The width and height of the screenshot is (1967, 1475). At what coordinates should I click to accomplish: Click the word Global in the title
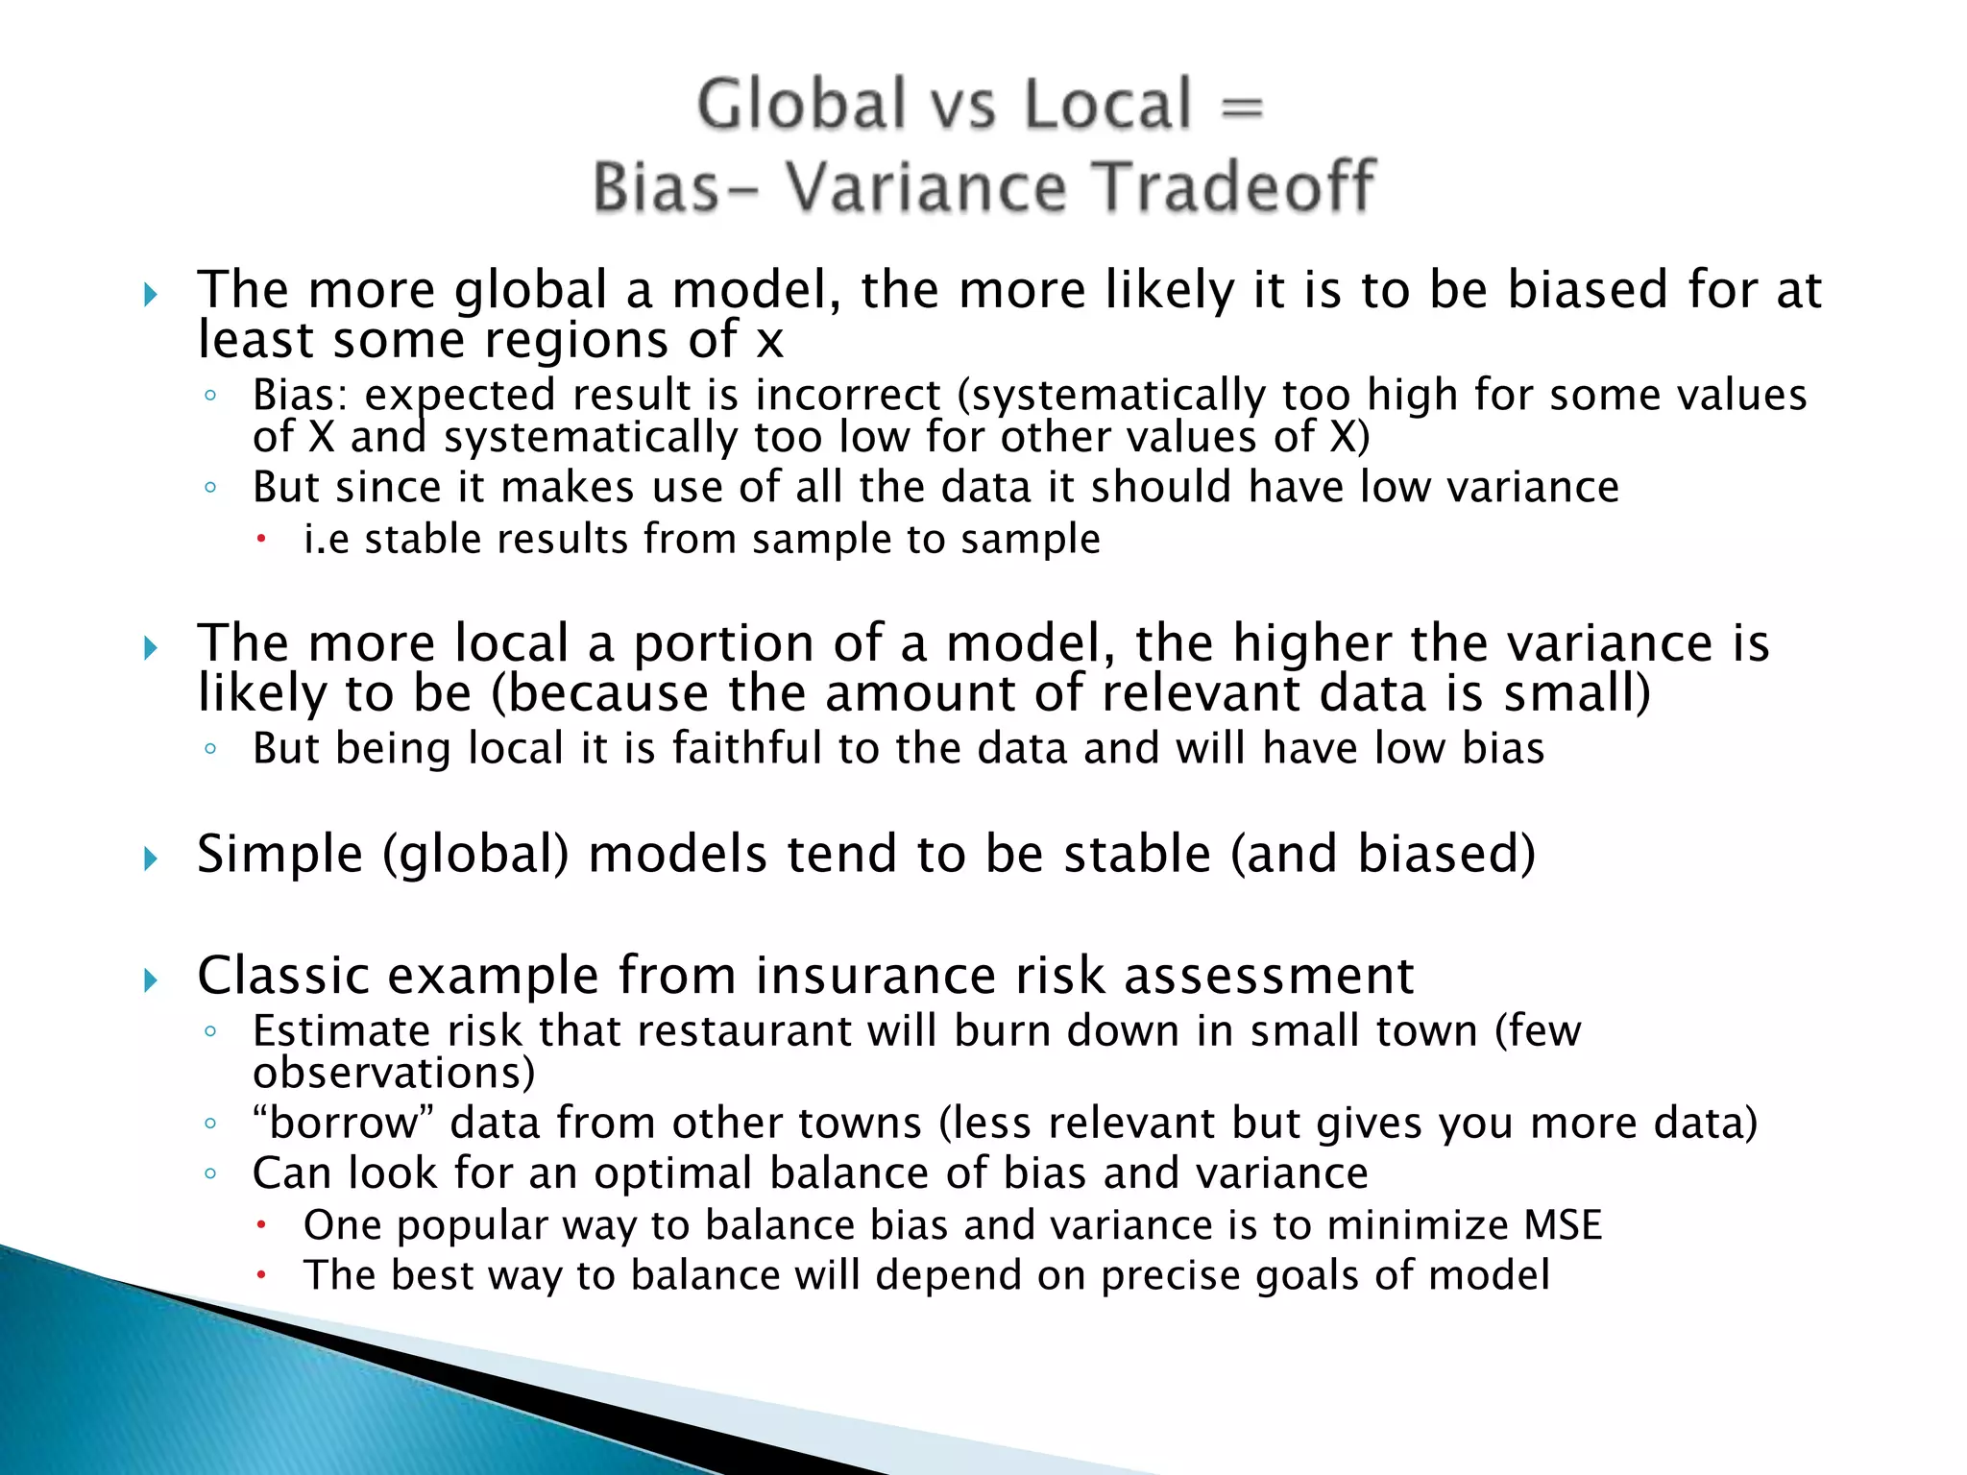tap(802, 105)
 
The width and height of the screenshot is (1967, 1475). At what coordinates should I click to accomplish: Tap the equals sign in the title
tap(1242, 108)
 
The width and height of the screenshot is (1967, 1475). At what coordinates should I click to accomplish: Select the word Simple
tap(280, 855)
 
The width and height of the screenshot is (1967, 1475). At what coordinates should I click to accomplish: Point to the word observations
tap(394, 1074)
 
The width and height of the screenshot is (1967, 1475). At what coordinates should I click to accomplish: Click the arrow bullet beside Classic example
tap(150, 980)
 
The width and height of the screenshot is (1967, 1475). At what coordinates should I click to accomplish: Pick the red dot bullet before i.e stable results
tap(260, 540)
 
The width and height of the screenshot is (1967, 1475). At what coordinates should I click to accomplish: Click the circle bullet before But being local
tap(210, 749)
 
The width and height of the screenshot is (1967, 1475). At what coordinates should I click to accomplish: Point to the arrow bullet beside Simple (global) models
tap(150, 858)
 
